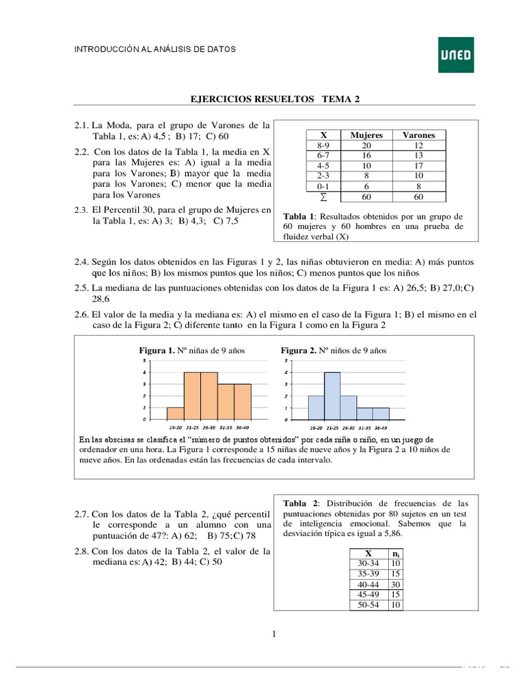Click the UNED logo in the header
455,55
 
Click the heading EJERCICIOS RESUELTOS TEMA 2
274,99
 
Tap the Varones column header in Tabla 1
419,135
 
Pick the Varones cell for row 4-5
419,166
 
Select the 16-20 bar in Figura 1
175,413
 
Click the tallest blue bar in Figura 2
332,395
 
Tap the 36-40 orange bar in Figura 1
243,401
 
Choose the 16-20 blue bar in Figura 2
316,407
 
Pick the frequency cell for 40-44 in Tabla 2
396,584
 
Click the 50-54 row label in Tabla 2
368,605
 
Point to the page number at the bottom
274,635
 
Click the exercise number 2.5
82,288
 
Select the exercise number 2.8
82,550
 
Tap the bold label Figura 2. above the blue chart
297,351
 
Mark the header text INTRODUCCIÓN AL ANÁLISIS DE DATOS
154,50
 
